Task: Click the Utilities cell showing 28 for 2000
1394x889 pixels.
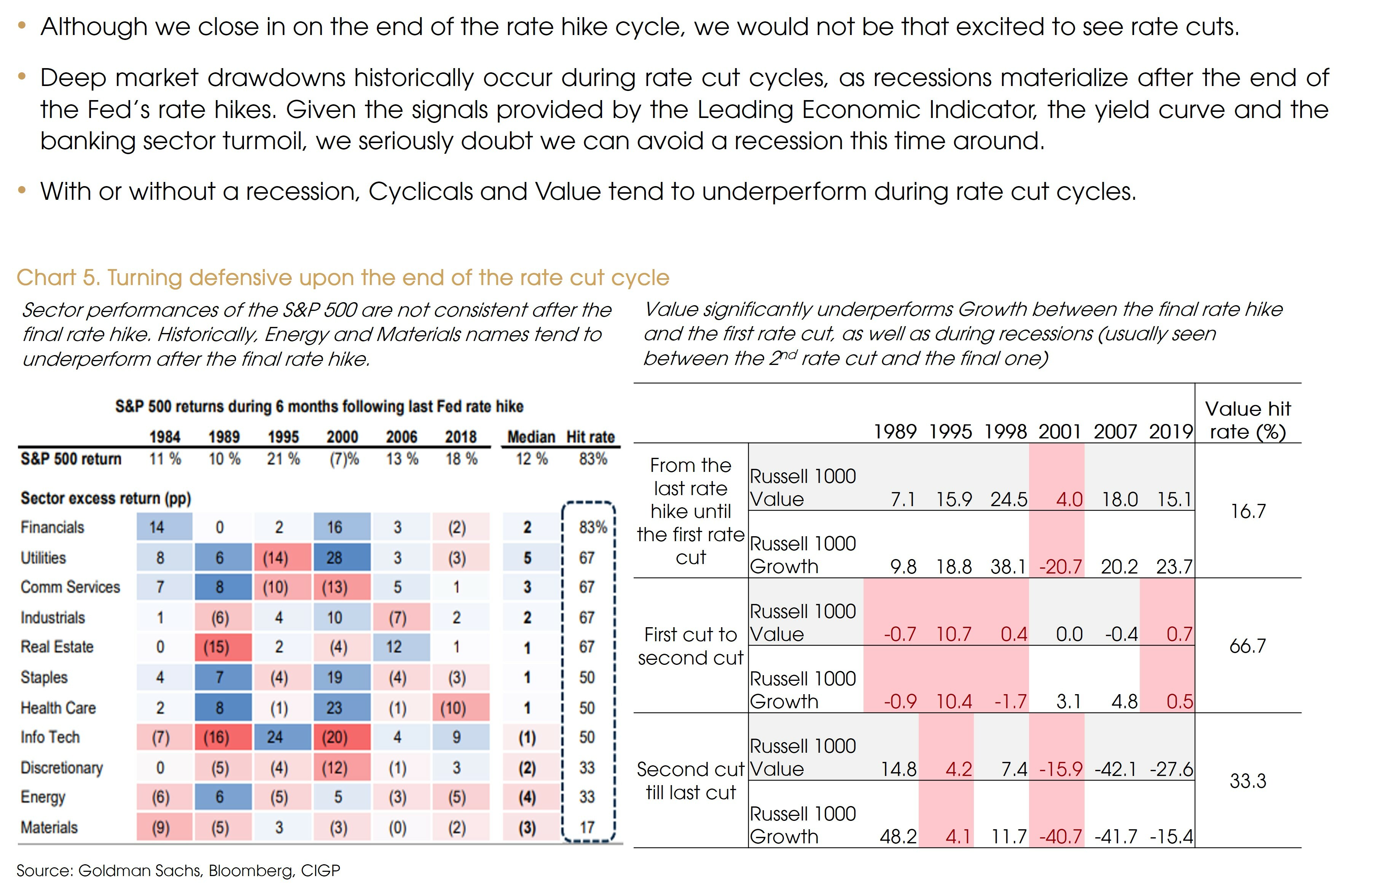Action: (x=335, y=558)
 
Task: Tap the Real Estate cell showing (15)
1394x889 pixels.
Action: (x=217, y=647)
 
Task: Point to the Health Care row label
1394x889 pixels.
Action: (x=58, y=707)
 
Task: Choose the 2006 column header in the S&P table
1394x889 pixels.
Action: (x=402, y=437)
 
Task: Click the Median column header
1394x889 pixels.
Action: (x=531, y=437)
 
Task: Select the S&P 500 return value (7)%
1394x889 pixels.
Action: (x=344, y=459)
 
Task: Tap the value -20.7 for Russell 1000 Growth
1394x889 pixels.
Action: (x=1061, y=567)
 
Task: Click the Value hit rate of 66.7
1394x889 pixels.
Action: (x=1247, y=645)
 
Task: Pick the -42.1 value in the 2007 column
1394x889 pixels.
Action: (x=1115, y=769)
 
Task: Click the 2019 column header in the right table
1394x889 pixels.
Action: (x=1171, y=432)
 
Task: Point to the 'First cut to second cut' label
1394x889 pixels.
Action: (x=691, y=646)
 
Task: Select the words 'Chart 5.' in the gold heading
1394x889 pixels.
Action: (x=58, y=278)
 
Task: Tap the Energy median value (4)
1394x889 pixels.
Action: (x=527, y=798)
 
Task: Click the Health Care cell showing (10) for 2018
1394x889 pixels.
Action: (x=453, y=707)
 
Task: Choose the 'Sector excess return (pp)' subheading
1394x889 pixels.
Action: (x=106, y=498)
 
